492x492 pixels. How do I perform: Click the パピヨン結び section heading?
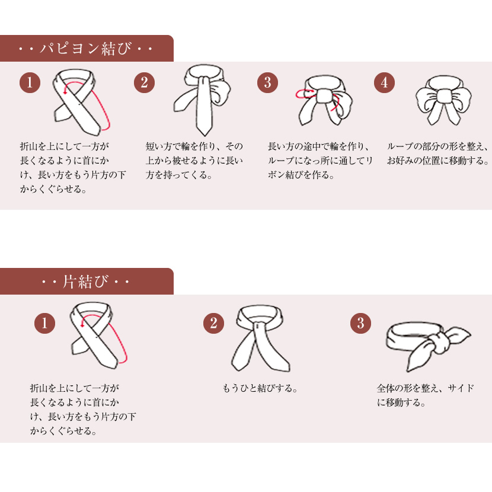(85, 49)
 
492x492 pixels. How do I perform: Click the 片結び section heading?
(85, 282)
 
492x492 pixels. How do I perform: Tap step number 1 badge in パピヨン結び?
(30, 82)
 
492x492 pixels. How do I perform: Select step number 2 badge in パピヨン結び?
(144, 82)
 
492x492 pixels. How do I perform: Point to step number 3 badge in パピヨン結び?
(267, 82)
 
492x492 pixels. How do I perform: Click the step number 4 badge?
(384, 82)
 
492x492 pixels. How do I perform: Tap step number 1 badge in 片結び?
(44, 323)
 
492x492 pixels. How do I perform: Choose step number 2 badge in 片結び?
(213, 323)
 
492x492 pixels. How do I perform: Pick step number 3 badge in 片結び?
(360, 323)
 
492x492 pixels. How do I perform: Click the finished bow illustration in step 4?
(443, 100)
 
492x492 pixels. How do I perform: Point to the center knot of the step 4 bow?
(443, 95)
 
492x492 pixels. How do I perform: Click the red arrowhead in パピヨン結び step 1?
(65, 92)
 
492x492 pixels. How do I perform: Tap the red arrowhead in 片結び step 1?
(82, 325)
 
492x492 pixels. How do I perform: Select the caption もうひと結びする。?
(260, 388)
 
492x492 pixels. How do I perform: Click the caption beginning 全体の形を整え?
(425, 395)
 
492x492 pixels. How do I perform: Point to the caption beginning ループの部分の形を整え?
(438, 154)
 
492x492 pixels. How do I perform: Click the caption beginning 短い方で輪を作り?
(194, 160)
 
